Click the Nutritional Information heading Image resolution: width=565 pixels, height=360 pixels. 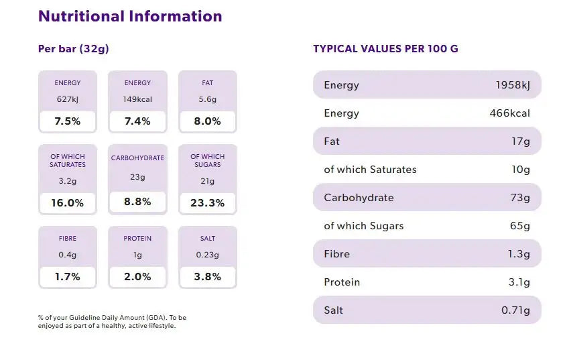click(x=130, y=16)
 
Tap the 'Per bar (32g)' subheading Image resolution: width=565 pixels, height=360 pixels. click(x=74, y=49)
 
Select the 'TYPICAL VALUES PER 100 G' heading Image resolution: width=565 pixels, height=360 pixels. click(x=385, y=49)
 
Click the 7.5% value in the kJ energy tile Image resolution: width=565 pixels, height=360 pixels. click(x=67, y=121)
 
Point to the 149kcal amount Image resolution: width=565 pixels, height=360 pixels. click(x=137, y=99)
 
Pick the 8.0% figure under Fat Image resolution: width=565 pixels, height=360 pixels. click(x=207, y=121)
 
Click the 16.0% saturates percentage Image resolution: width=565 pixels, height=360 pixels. click(x=67, y=202)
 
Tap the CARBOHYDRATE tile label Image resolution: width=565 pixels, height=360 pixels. click(x=137, y=158)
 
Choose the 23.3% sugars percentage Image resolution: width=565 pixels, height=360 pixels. click(x=207, y=202)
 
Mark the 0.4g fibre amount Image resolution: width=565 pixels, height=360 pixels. click(x=67, y=255)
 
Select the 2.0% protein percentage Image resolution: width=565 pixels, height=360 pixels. click(x=137, y=276)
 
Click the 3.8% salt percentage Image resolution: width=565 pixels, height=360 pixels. click(x=207, y=276)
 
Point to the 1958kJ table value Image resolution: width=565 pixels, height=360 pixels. click(x=513, y=85)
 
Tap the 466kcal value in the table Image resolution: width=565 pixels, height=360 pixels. click(x=510, y=113)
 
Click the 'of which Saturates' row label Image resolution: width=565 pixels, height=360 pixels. click(x=370, y=170)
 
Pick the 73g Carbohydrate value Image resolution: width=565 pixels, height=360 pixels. click(x=519, y=198)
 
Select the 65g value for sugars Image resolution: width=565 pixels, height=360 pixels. click(x=519, y=226)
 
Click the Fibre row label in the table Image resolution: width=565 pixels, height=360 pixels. click(x=336, y=254)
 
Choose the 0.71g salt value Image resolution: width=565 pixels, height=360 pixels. click(x=515, y=310)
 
